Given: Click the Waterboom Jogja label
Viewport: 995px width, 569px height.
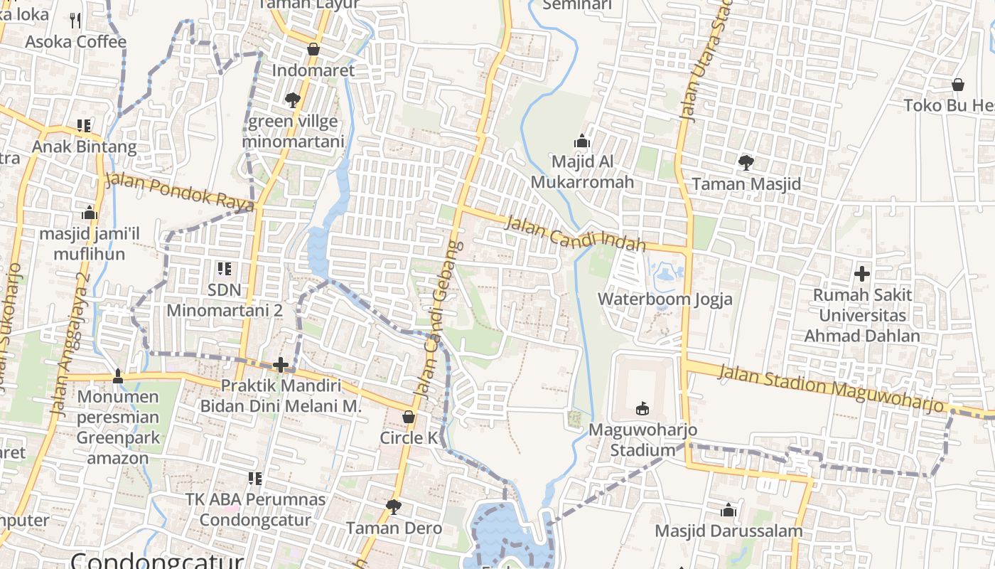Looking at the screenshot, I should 665,299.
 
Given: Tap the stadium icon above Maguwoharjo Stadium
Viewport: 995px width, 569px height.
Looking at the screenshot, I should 642,408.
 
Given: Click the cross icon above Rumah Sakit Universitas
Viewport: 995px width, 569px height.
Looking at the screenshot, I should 862,273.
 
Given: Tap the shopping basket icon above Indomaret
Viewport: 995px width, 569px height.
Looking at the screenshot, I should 313,49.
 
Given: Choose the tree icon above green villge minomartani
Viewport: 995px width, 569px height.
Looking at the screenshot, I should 292,100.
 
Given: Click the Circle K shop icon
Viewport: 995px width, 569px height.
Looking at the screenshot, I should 409,417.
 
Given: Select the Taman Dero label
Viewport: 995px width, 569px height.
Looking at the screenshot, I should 394,528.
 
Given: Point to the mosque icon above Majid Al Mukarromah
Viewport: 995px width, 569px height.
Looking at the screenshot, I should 582,141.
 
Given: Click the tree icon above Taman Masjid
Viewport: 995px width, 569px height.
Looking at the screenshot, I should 746,163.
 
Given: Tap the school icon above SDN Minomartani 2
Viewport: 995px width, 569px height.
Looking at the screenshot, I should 225,269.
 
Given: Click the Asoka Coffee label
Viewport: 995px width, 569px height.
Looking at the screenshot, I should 75,42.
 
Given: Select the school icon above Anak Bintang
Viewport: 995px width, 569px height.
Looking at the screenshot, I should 84,126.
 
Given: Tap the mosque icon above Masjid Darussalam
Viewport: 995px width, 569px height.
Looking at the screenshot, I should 728,510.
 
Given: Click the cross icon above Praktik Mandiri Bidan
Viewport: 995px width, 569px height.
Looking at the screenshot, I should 281,365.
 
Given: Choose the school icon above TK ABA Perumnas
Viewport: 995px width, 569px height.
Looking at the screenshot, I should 255,479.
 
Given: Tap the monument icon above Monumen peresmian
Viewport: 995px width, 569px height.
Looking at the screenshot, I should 118,376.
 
